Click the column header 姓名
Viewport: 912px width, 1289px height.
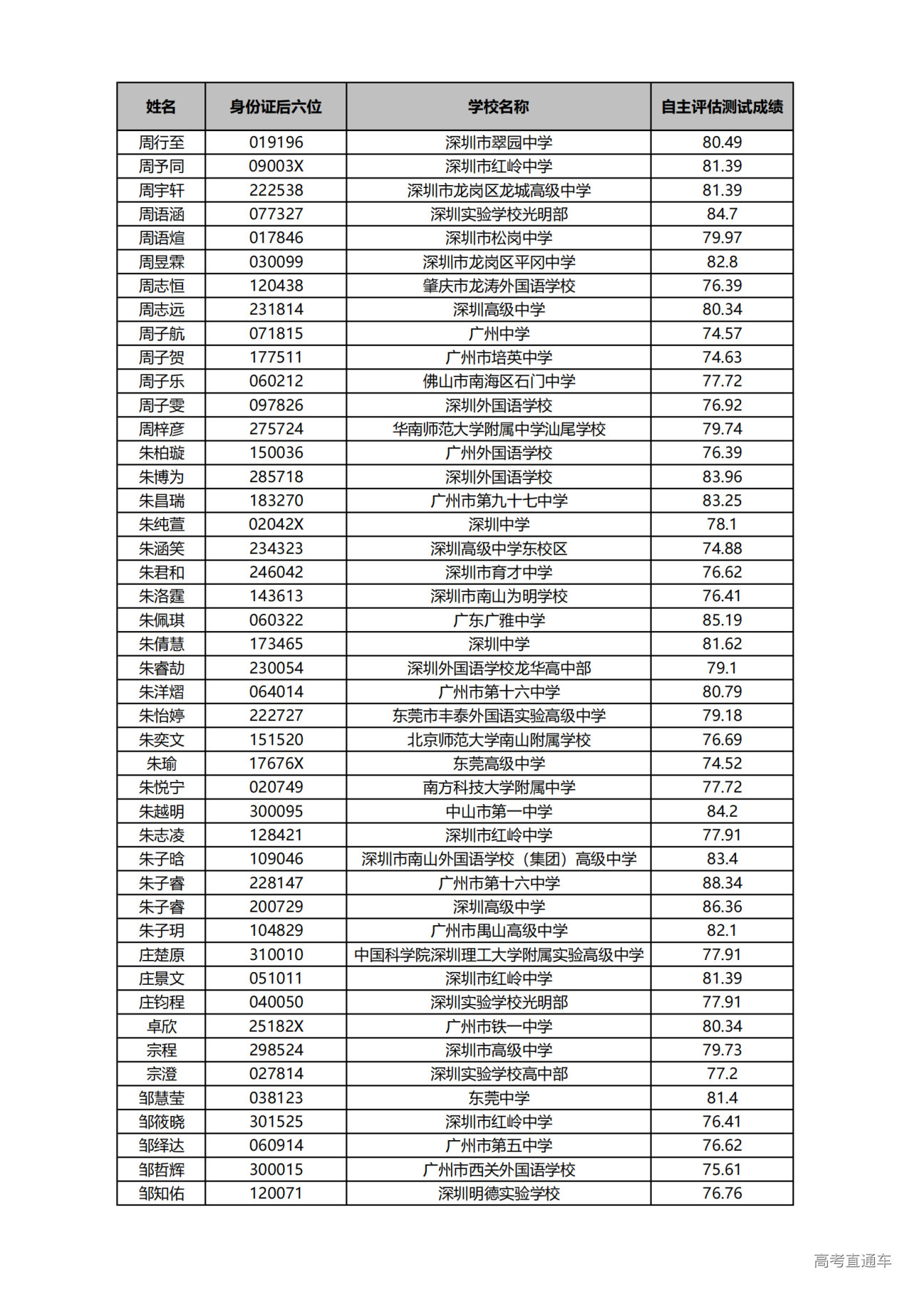click(x=161, y=107)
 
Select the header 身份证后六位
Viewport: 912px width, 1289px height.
click(x=276, y=107)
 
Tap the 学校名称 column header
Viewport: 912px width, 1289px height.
click(x=499, y=107)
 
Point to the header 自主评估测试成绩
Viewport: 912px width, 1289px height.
click(x=722, y=107)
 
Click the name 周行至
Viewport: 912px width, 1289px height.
click(x=161, y=142)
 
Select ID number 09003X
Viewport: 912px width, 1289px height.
click(x=276, y=166)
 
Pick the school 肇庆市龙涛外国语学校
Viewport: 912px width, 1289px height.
click(x=499, y=286)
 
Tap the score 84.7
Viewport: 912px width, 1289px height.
click(x=722, y=214)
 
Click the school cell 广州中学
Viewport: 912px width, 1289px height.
click(x=499, y=333)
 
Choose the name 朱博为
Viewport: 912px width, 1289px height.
click(x=161, y=476)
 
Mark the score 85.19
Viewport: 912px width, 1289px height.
click(x=722, y=620)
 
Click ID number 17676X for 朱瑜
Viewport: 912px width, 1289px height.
click(x=276, y=763)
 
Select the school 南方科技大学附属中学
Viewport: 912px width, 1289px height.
click(x=499, y=787)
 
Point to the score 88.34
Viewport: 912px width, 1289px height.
click(x=722, y=882)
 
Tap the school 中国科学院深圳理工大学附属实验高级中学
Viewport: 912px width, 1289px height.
click(x=499, y=954)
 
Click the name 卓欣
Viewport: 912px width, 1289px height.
click(x=161, y=1026)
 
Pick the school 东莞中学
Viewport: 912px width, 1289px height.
click(x=499, y=1097)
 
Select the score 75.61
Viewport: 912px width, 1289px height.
click(x=722, y=1169)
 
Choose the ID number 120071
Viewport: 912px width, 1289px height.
click(x=276, y=1193)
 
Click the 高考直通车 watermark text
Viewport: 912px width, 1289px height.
click(x=852, y=1261)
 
